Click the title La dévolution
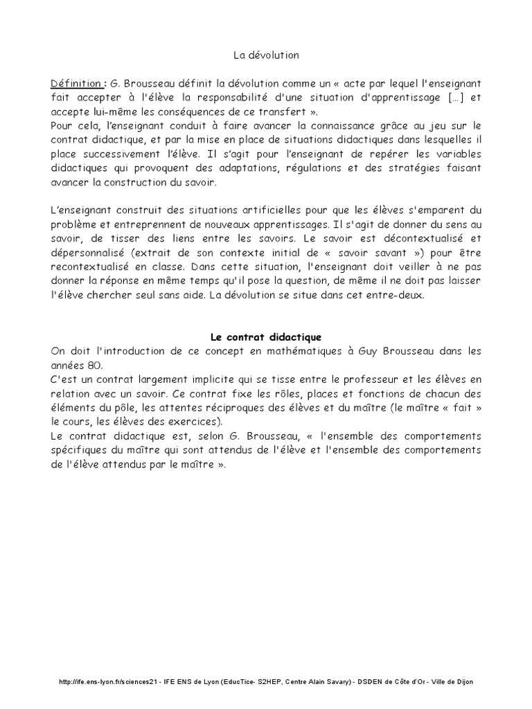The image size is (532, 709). (x=265, y=53)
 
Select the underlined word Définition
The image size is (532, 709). (x=76, y=84)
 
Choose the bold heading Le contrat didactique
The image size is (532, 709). (x=265, y=337)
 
